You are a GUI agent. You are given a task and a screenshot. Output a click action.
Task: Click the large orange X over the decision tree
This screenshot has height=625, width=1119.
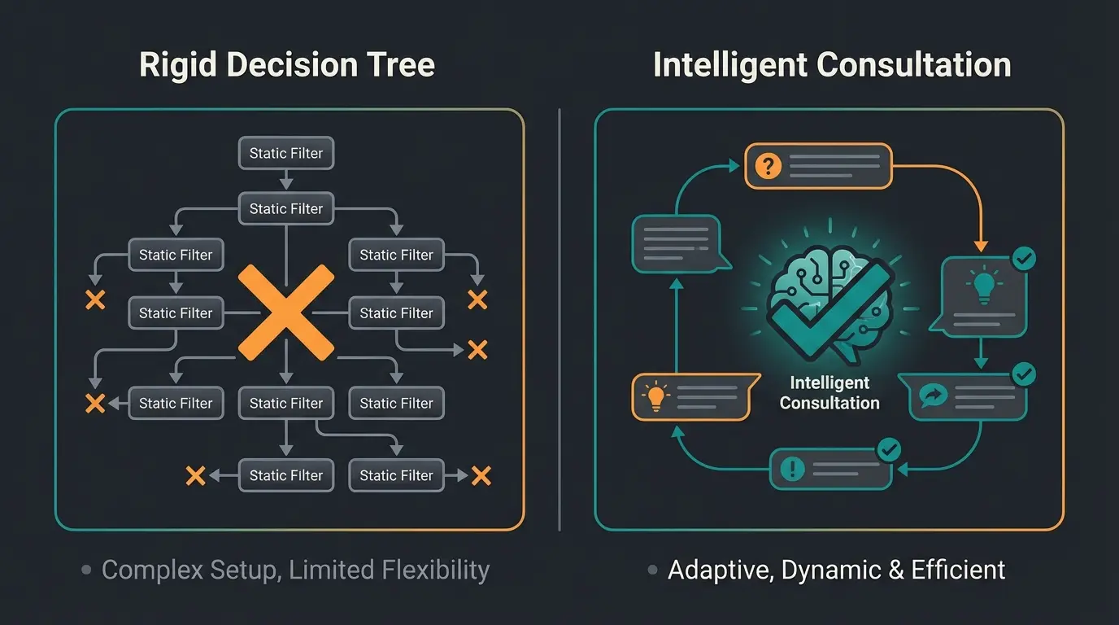(285, 312)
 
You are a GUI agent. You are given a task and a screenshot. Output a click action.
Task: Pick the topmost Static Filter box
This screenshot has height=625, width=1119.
(286, 153)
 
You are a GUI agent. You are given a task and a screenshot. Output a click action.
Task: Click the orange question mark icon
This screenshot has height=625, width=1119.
(768, 166)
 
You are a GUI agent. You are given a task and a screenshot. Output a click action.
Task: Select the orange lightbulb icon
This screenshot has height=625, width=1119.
(654, 396)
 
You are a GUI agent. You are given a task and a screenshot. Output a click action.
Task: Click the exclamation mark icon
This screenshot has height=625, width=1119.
(791, 469)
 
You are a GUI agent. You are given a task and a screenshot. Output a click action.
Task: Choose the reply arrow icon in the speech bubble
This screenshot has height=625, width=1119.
(930, 396)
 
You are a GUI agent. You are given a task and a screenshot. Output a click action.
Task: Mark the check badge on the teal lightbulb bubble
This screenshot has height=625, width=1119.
(1023, 259)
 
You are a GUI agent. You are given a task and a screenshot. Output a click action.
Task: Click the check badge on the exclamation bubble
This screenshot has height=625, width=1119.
(890, 448)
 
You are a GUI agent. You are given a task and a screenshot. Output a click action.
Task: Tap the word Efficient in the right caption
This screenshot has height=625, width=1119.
(958, 570)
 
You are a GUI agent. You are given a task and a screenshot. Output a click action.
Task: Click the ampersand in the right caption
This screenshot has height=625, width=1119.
(896, 570)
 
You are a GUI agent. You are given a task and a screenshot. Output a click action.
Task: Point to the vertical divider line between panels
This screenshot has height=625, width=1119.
(559, 317)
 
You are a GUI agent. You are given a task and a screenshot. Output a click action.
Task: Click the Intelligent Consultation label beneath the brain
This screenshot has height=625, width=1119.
(829, 393)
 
